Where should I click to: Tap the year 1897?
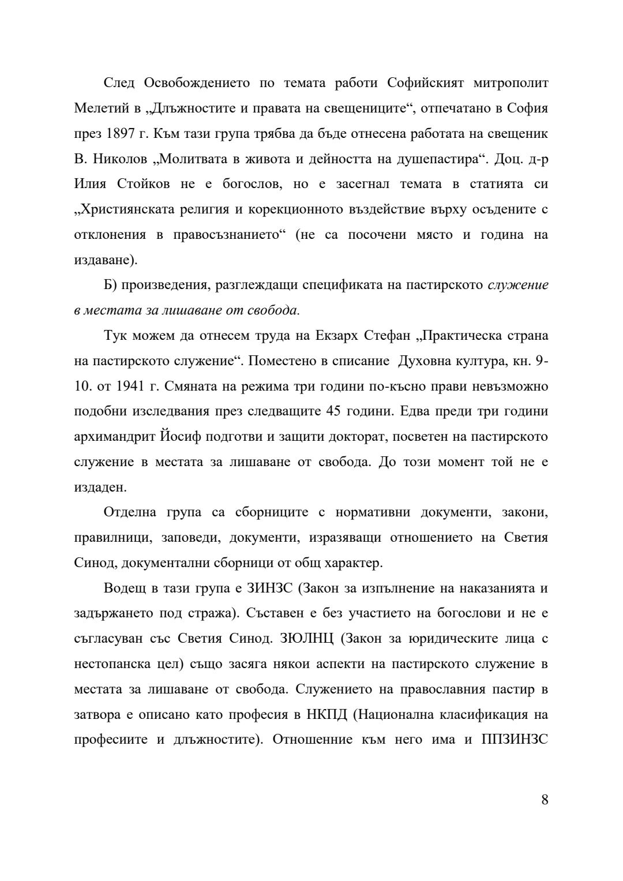[121, 133]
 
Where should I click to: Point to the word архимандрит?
[117, 437]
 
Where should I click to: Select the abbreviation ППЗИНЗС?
[514, 740]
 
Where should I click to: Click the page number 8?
[545, 800]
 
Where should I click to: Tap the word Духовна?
[425, 361]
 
